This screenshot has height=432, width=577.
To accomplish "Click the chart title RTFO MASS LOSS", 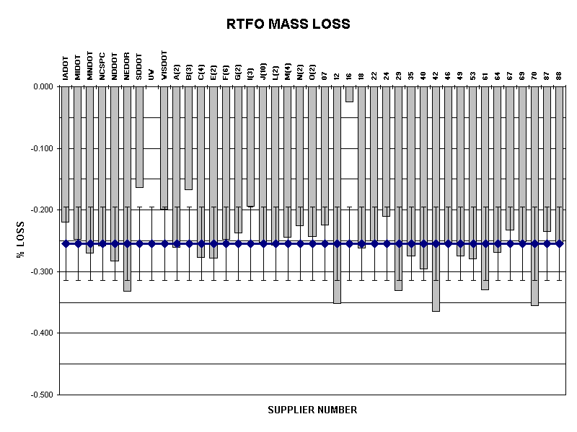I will coord(288,24).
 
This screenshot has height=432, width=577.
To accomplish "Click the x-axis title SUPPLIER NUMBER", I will coord(312,410).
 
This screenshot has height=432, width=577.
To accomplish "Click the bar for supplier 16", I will coord(349,94).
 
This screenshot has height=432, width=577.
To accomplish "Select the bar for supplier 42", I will coord(436,198).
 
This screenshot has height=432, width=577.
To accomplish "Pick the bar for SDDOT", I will coord(139,137).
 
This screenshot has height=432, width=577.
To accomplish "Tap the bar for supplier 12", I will coord(337,194).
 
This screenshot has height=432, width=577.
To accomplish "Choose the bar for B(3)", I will coord(188,138).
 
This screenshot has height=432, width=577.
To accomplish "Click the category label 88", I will coord(559,74).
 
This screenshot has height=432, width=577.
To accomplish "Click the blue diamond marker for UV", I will coord(151,243).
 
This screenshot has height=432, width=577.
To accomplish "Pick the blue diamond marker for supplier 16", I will coord(349,243).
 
